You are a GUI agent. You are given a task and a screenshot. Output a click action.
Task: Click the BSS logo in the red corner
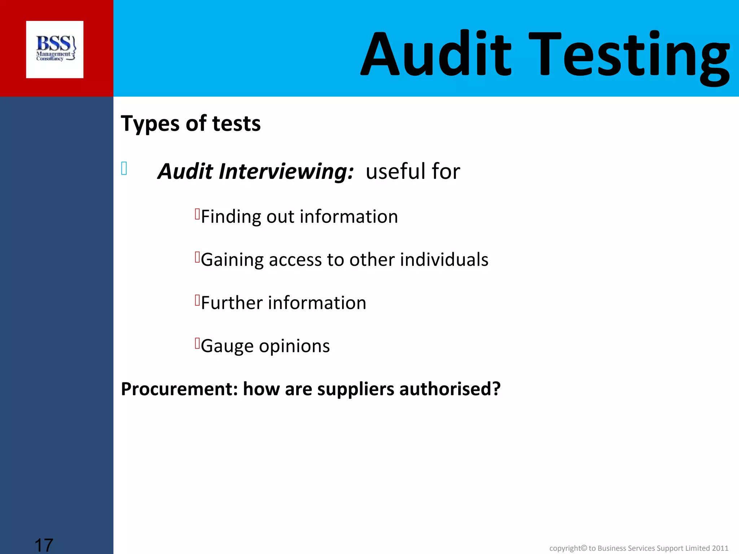tap(55, 49)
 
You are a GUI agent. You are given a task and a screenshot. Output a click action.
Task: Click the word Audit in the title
tap(436, 54)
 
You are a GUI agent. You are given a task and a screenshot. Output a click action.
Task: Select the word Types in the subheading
tap(150, 124)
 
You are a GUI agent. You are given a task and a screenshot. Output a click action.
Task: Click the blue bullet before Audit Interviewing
tap(124, 168)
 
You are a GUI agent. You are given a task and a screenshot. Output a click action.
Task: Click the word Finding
tap(231, 217)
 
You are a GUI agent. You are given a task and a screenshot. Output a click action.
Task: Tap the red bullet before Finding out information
tap(197, 214)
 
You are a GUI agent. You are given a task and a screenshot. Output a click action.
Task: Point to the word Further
tap(232, 303)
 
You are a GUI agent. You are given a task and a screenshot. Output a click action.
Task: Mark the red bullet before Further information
tap(197, 300)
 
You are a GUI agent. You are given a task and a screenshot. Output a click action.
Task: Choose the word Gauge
tap(227, 346)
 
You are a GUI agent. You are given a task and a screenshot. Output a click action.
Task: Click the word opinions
tap(294, 346)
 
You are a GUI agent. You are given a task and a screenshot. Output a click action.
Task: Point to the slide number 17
tap(44, 545)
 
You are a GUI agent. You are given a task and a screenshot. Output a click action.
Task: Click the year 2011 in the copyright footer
tap(720, 548)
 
